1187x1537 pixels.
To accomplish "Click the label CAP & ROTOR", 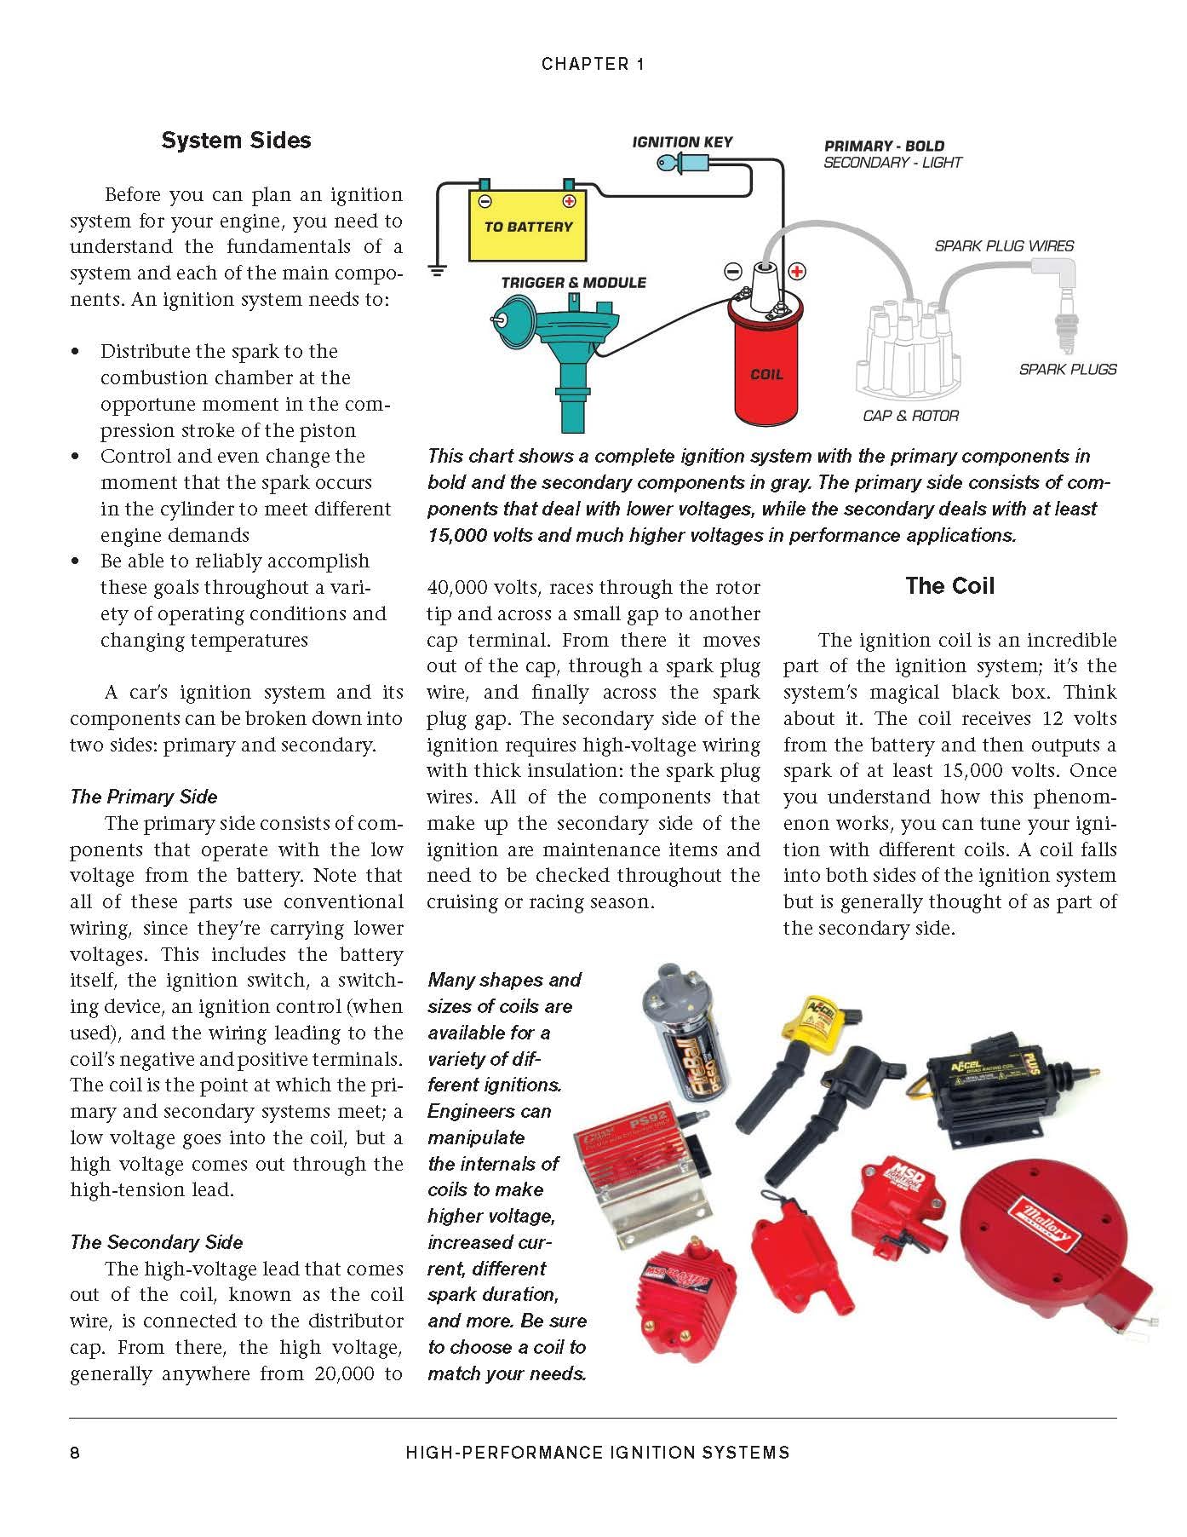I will click(910, 416).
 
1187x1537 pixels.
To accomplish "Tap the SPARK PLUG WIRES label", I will click(1004, 245).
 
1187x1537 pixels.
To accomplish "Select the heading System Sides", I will click(236, 141).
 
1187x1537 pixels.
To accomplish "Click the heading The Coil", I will click(949, 585).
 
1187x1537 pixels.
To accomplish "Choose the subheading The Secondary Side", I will click(156, 1242).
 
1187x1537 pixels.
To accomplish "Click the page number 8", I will click(75, 1453).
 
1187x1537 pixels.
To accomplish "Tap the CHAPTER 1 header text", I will click(593, 64).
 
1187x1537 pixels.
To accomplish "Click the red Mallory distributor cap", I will click(1056, 1227).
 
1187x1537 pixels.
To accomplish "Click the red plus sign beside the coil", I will click(797, 271).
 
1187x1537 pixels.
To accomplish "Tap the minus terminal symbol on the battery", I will click(485, 201).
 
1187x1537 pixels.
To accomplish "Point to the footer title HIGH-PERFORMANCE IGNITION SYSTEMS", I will click(598, 1453).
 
